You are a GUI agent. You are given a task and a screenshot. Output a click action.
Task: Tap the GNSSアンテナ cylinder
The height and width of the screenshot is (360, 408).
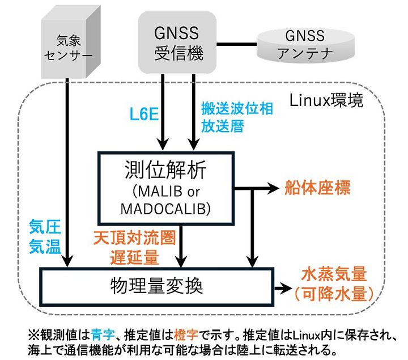pos(307,45)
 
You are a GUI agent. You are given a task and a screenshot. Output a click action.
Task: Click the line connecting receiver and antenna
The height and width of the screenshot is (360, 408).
pos(239,44)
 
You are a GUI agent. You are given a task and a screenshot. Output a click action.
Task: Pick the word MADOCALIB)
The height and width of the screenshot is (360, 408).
pos(165,209)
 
